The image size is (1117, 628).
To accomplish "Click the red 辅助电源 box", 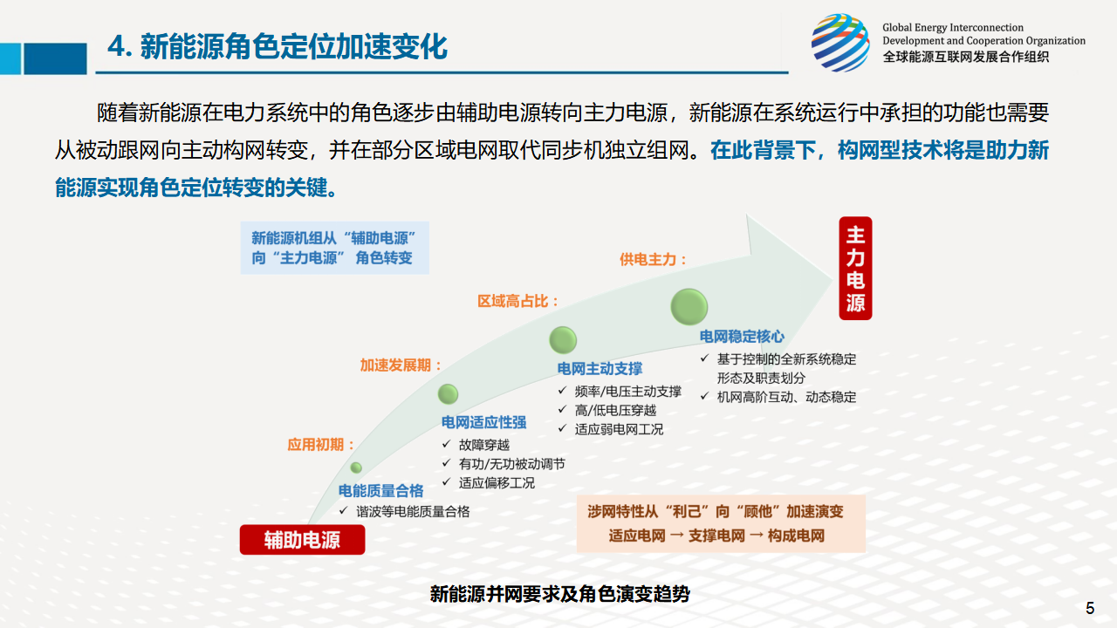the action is pos(302,540).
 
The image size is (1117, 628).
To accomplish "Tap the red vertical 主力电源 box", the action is pos(855,268).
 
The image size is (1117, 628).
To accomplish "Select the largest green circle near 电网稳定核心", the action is pos(689,306).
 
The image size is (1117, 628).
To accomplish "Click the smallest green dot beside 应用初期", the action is pos(356,468).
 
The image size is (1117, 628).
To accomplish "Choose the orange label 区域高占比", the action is pos(518,301).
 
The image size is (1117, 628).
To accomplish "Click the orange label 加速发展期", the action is pos(401,365).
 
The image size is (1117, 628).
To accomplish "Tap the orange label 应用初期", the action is pos(321,445).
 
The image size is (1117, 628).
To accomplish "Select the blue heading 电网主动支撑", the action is pos(600,369).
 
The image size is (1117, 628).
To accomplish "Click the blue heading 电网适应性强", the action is pos(483,423).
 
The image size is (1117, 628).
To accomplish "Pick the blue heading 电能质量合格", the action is pos(381,491).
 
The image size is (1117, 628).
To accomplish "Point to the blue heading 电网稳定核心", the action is pos(742,337).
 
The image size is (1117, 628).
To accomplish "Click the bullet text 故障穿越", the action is pos(484,445).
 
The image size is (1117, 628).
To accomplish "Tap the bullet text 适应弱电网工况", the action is pos(619,429).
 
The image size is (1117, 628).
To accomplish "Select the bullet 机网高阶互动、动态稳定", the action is pos(786,397).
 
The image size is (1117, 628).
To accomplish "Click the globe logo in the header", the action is pos(840,43).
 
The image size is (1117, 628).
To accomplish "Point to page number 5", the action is pos(1090,608).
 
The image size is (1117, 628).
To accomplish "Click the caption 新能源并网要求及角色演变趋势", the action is pos(560,594).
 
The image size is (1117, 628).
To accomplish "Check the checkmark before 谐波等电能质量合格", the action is pos(343,510).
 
